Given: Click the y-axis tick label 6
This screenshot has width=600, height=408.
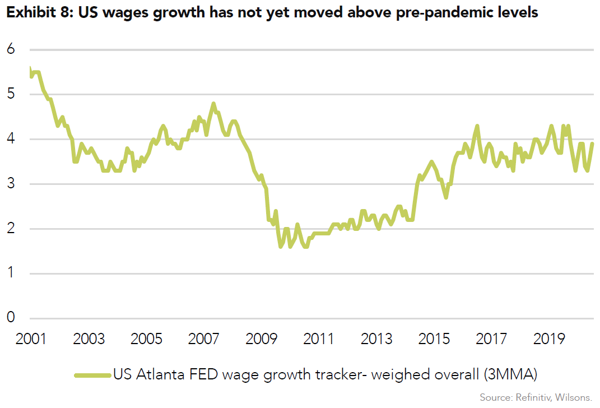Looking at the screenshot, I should [11, 49].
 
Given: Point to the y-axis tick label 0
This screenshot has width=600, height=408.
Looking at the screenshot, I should [11, 318].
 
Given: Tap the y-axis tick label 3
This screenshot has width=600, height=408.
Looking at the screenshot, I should [11, 184].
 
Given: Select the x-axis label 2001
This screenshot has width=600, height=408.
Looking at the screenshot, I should [31, 340].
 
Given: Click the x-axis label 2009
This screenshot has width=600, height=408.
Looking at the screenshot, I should [262, 340].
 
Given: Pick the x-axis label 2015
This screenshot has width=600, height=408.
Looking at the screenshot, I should [435, 340].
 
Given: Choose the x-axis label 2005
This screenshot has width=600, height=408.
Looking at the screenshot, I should [146, 340].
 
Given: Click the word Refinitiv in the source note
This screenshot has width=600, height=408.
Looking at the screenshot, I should [531, 397].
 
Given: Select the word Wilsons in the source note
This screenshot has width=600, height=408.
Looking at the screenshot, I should [572, 397].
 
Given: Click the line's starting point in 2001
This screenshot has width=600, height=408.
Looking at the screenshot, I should [30, 68].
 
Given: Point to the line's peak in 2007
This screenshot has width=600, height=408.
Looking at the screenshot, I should [213, 104].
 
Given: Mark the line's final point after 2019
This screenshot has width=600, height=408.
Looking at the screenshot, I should [593, 143].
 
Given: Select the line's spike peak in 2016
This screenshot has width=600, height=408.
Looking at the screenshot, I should [477, 126].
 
